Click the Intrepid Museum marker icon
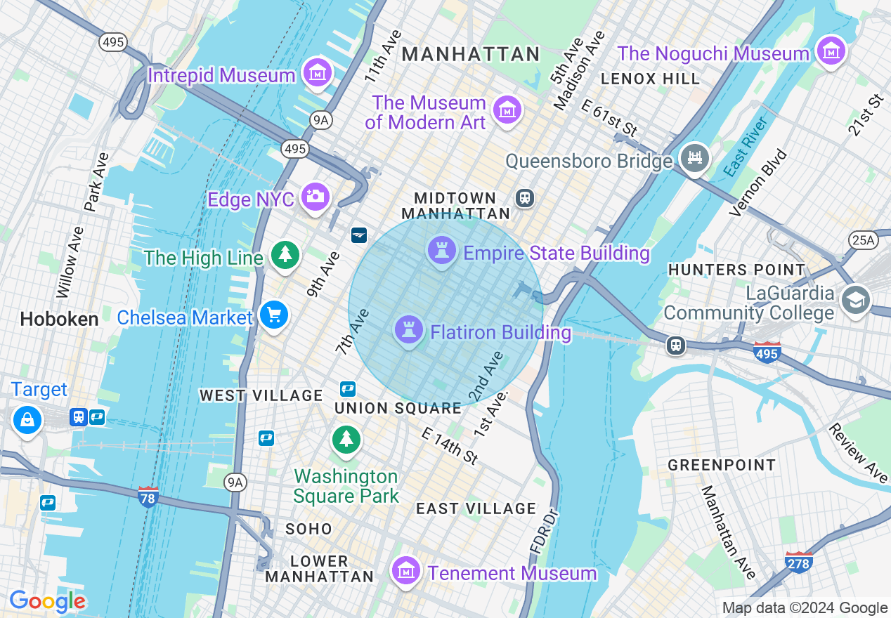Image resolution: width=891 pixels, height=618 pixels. [317, 72]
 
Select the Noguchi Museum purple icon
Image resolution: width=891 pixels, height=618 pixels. [831, 52]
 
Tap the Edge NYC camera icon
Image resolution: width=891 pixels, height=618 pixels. [316, 197]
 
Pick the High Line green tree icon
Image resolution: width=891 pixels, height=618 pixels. [285, 254]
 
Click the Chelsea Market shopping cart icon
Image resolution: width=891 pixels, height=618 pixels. [273, 315]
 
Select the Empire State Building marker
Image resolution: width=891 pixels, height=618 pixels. [442, 250]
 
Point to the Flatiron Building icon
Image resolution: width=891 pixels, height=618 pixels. [408, 329]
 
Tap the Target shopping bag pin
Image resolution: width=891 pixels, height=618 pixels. [27, 420]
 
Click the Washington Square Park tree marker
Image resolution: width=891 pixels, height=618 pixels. [346, 440]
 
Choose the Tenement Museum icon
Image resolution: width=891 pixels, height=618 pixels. [405, 571]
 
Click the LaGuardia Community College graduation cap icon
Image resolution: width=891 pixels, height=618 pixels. [855, 300]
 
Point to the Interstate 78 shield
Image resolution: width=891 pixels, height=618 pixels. [148, 496]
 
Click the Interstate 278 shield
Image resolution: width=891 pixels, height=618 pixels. [799, 563]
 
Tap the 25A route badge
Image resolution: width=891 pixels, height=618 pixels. [863, 241]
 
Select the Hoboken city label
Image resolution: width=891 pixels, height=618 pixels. [59, 320]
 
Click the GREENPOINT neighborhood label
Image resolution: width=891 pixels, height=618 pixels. [722, 465]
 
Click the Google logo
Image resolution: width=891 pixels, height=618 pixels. [47, 602]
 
